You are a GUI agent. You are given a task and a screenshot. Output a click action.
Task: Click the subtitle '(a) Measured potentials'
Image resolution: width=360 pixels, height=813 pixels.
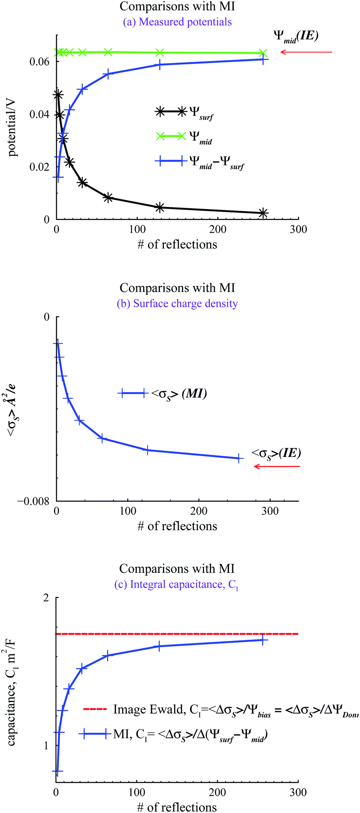coord(177,22)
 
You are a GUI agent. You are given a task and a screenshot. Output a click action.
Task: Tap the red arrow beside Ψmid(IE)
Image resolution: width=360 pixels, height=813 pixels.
coord(306,52)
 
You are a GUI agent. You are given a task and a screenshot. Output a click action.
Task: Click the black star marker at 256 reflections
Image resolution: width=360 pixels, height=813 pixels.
coord(263,213)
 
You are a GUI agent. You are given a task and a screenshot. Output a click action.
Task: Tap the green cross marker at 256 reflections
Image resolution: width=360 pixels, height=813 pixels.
coord(263,53)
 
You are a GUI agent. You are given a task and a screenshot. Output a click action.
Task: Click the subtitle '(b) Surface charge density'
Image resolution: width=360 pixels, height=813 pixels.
coord(177,304)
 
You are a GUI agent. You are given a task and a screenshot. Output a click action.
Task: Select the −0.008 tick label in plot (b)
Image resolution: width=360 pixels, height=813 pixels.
coord(33,501)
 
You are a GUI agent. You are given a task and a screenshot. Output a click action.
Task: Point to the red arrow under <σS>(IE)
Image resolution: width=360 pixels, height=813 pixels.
coord(277,467)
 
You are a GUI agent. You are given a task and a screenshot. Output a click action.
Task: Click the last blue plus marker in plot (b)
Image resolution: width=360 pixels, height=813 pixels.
coord(239,458)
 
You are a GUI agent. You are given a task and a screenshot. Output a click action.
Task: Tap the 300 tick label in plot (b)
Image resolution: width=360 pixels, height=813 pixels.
coord(270,511)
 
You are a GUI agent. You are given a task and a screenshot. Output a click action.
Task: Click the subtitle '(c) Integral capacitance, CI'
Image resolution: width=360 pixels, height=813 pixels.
coord(176,584)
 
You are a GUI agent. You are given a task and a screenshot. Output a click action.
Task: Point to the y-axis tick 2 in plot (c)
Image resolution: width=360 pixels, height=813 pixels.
coord(45,597)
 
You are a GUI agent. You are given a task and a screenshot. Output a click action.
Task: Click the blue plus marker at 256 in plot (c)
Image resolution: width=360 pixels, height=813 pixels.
coord(263,640)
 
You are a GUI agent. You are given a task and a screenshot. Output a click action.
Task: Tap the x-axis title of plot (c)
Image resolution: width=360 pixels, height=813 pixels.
coord(177,807)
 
